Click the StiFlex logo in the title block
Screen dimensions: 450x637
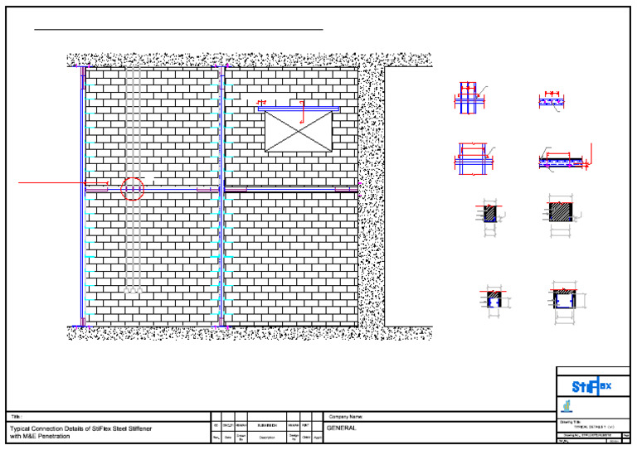[x=592, y=386]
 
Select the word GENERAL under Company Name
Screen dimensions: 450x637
[x=342, y=428]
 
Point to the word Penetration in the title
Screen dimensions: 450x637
[x=51, y=436]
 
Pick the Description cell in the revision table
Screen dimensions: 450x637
[x=266, y=437]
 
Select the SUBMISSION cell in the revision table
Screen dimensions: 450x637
[x=266, y=424]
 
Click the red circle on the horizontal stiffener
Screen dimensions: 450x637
[x=132, y=189]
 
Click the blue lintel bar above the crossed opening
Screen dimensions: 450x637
[x=299, y=108]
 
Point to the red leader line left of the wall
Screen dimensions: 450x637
[x=50, y=181]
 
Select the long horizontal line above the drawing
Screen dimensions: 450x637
[x=178, y=30]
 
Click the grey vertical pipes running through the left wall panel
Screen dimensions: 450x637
[x=132, y=249]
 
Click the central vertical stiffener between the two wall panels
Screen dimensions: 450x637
[x=222, y=199]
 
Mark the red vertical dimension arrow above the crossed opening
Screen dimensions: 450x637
[x=302, y=112]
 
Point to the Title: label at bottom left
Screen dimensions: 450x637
[x=15, y=416]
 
